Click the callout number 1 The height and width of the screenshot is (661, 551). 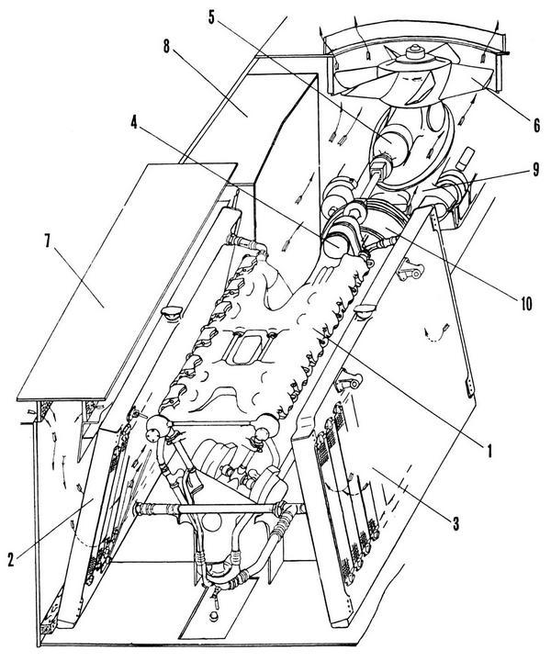489,451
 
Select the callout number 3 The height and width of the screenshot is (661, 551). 455,523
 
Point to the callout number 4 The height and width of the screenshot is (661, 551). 134,122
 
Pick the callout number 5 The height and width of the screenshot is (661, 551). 211,16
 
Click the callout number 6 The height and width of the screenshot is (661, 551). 536,125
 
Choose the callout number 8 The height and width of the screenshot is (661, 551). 166,47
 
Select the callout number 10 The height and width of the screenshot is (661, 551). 524,303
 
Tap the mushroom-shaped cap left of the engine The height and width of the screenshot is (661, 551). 172,313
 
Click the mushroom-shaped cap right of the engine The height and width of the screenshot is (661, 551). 364,312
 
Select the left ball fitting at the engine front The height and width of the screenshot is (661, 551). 158,427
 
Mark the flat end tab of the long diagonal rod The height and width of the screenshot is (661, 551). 468,388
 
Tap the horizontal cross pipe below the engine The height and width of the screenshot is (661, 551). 219,509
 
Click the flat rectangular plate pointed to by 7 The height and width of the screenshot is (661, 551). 127,282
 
